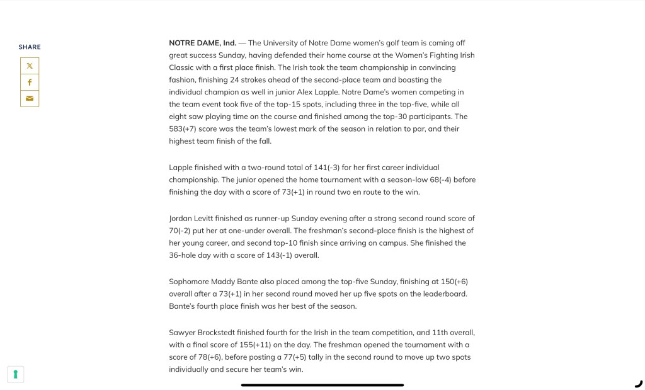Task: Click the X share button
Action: tap(30, 66)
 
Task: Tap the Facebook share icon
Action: tap(30, 82)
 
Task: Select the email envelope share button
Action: tap(30, 98)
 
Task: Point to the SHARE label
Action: tap(30, 47)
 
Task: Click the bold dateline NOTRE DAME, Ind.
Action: tap(203, 43)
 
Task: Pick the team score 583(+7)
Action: tap(187, 129)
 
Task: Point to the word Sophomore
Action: tap(188, 282)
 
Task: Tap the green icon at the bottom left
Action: tap(16, 374)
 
